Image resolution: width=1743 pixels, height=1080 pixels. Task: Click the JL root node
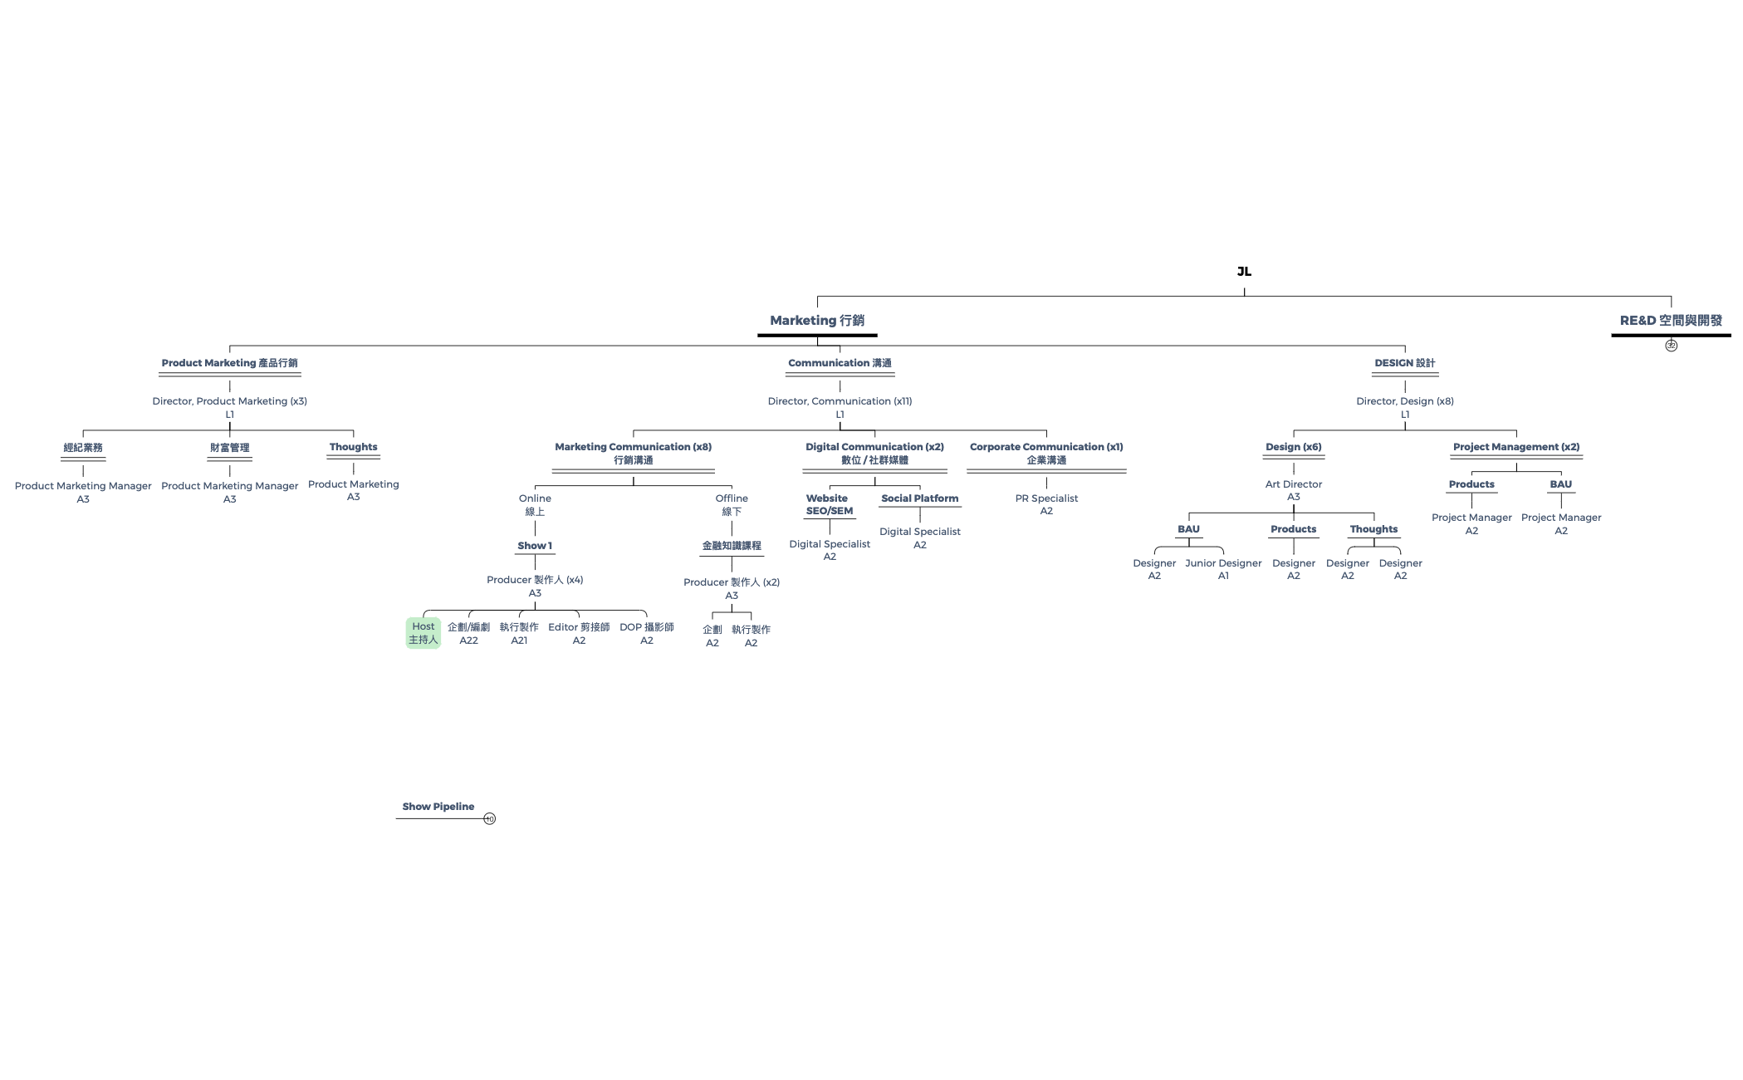click(1244, 272)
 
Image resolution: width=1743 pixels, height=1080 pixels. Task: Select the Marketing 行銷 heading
click(817, 321)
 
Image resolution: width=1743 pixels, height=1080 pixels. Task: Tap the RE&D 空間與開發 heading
click(1671, 321)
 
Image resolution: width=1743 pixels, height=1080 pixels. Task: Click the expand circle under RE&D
click(1671, 346)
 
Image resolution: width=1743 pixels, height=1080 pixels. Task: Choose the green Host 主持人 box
click(423, 633)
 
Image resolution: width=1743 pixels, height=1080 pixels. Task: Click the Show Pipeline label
click(438, 807)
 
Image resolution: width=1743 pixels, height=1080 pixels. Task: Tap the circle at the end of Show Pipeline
click(490, 819)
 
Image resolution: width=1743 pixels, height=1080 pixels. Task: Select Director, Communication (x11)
click(840, 401)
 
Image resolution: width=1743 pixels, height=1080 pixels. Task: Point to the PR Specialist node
click(1046, 504)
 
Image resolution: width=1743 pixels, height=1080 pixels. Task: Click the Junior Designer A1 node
click(1223, 569)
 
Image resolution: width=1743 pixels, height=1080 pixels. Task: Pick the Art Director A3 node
click(1294, 490)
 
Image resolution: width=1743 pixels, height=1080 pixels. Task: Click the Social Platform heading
click(920, 498)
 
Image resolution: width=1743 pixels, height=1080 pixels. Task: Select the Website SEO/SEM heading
click(830, 504)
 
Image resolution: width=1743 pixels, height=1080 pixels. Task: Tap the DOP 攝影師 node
click(647, 634)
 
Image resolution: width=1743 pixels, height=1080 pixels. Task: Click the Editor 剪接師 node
click(579, 634)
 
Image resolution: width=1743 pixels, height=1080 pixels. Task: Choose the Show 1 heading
click(535, 546)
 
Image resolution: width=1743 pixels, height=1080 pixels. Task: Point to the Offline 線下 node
click(732, 505)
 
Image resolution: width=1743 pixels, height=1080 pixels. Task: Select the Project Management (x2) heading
click(1516, 447)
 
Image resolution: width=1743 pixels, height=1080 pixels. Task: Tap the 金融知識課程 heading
click(732, 546)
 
